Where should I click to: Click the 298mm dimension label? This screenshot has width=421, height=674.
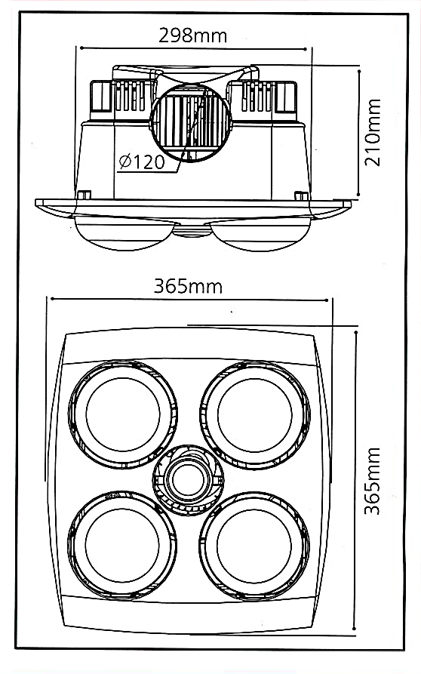(192, 35)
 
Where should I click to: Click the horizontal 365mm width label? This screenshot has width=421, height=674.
(188, 287)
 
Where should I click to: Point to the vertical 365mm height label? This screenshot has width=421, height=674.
(372, 481)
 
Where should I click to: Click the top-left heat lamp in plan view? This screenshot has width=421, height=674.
(123, 413)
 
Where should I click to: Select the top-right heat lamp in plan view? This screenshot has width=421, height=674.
(254, 413)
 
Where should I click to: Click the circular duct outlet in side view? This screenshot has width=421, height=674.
(191, 122)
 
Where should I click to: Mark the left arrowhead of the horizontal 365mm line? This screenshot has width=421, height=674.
(50, 300)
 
